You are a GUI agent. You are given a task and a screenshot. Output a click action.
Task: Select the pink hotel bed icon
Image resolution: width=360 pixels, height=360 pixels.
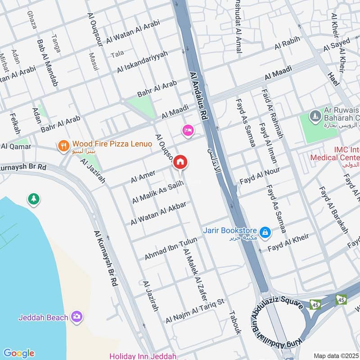coord(188,130)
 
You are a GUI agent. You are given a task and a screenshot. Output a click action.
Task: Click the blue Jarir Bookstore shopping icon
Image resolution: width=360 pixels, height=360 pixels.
coord(265,232)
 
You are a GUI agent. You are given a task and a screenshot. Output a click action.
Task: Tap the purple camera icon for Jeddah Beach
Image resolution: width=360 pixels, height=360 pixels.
coord(77,317)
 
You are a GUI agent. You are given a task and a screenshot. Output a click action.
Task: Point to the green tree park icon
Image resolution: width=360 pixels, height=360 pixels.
coord(33,198)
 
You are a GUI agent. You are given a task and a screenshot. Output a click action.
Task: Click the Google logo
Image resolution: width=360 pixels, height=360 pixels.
coord(18,353)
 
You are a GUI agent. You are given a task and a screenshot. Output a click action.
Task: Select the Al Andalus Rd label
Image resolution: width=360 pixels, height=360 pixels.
coord(199,97)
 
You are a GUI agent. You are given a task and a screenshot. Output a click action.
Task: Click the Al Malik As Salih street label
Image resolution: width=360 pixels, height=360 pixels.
coord(158,192)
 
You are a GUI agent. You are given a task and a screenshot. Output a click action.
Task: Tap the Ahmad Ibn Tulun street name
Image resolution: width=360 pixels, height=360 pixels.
coord(171,249)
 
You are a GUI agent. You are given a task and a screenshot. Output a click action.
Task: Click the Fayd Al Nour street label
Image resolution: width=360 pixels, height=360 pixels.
coord(260,175)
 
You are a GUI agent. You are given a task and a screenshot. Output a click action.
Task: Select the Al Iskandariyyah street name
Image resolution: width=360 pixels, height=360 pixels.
coord(142,62)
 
